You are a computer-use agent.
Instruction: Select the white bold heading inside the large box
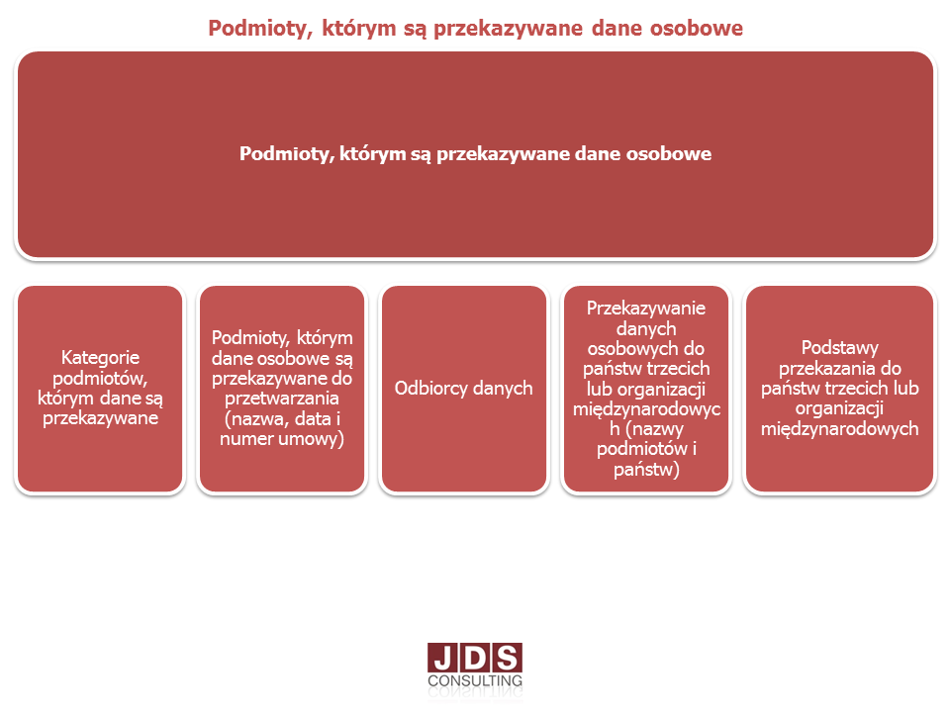coord(476,154)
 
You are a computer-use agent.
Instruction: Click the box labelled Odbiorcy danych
coord(464,389)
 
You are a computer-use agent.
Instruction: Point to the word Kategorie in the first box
coord(101,357)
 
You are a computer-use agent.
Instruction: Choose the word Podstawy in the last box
coord(840,347)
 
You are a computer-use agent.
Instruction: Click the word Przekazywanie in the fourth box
coord(646,309)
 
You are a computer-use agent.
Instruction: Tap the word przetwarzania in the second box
coord(282,399)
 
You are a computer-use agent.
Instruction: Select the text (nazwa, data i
coord(282,418)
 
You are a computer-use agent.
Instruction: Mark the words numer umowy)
coord(282,438)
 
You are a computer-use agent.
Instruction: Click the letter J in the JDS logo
coord(443,659)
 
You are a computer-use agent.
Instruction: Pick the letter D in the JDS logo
coord(475,659)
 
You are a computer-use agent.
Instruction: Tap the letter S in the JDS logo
coord(507,659)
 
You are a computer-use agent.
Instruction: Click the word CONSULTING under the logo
coord(475,680)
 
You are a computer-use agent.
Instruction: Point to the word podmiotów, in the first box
coord(101,378)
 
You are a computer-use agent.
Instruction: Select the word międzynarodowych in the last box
coord(840,428)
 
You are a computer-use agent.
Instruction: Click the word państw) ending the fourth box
coord(646,469)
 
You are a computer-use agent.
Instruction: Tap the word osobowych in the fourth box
coord(635,349)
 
